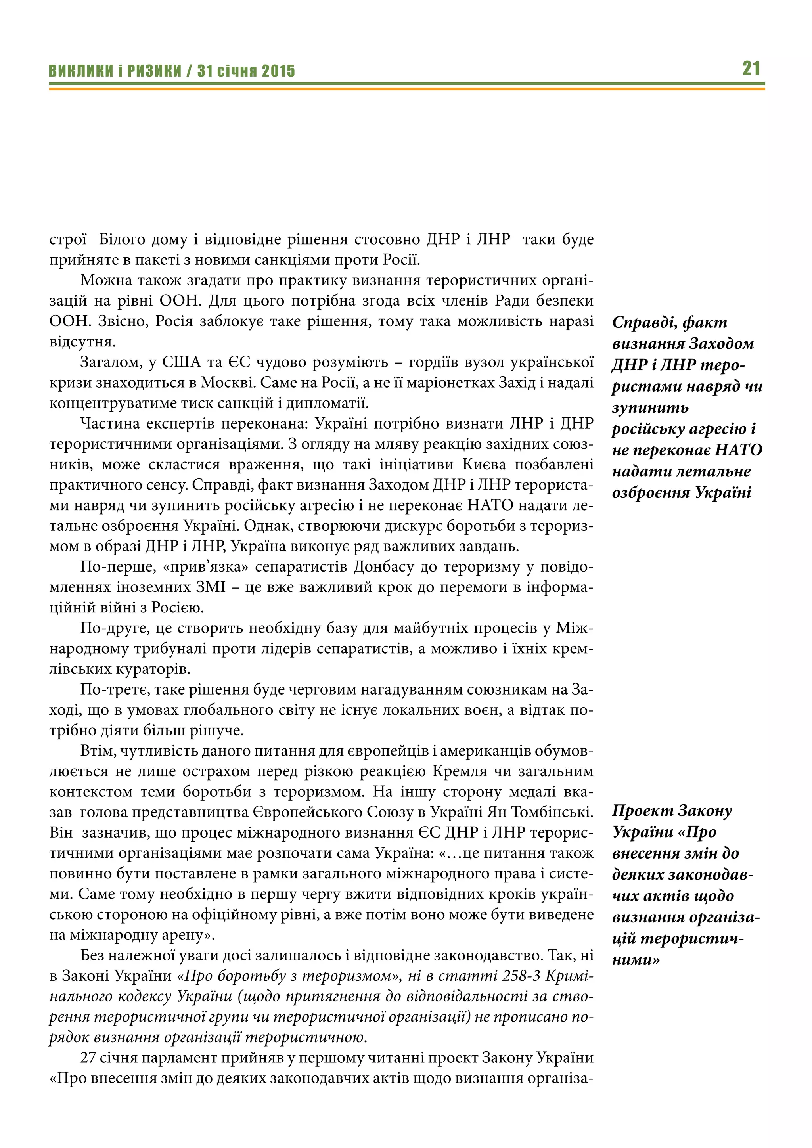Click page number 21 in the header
pos(751,68)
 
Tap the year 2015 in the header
pos(278,71)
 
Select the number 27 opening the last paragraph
pos(88,1058)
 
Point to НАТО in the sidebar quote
pos(738,450)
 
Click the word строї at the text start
pos(68,239)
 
